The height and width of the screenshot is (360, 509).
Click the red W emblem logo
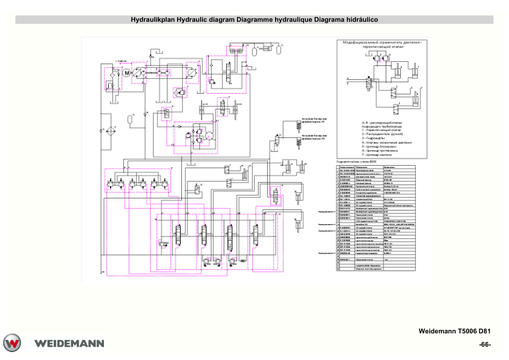point(12,343)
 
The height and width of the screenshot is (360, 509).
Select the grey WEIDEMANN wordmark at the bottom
point(70,344)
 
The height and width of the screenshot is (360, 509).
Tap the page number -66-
point(484,345)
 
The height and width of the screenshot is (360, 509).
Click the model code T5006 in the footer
point(467,331)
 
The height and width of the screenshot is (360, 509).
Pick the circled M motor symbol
point(127,73)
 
